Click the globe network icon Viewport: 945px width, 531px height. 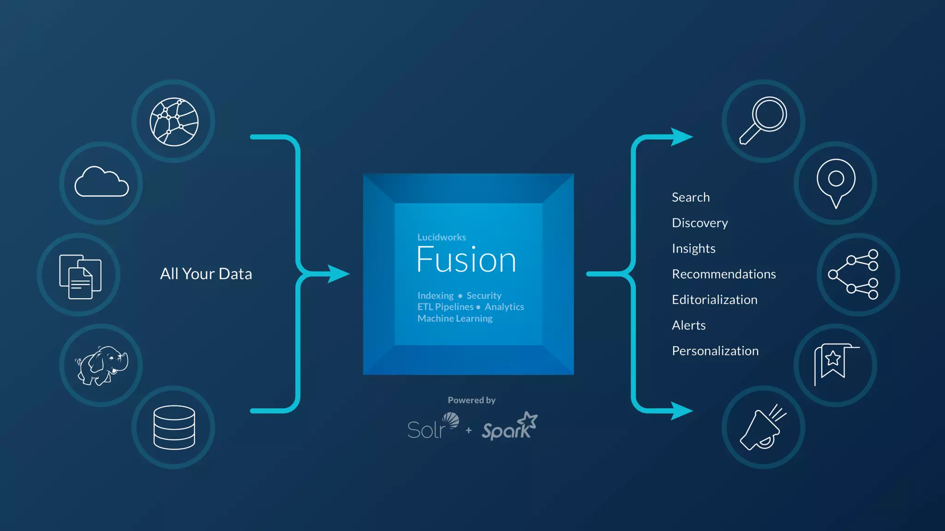pos(174,122)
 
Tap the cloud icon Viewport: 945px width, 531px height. pos(102,182)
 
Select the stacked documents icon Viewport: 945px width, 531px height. pos(80,276)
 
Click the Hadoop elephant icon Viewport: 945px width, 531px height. pos(102,365)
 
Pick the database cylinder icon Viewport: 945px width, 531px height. pos(174,427)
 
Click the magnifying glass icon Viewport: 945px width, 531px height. pos(764,120)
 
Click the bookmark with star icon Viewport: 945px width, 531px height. pos(835,364)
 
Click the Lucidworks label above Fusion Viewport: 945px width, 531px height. pos(442,237)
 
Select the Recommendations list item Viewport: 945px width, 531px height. pos(724,274)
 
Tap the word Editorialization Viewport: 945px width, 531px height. pos(714,300)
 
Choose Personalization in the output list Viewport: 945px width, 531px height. pos(715,351)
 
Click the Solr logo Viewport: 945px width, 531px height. pos(433,426)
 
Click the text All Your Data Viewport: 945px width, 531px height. pos(206,274)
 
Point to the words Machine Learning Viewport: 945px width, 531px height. pos(455,319)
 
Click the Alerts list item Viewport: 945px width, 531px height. pos(688,325)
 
